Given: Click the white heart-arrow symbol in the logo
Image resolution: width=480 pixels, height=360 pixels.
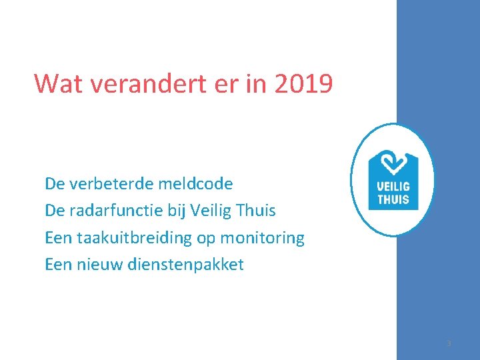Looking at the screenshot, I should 393,163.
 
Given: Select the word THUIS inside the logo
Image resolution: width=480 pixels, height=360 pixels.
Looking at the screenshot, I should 393,199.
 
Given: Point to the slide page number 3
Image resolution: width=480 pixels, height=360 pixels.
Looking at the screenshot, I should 449,343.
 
